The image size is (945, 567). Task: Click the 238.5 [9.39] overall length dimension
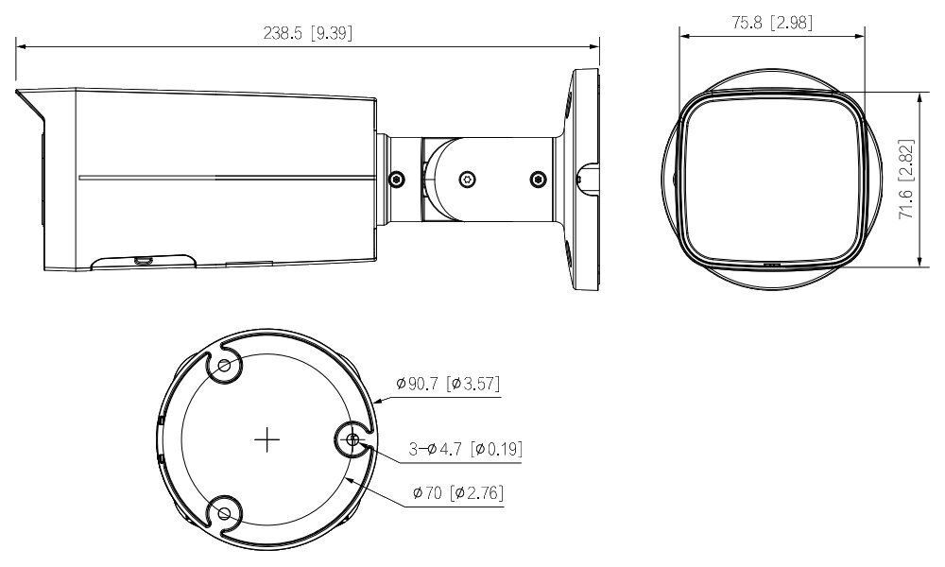[x=308, y=32]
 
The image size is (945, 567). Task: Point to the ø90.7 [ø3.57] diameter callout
[x=447, y=384]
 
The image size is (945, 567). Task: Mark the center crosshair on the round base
[x=268, y=439]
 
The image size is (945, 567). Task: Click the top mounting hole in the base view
[x=224, y=367]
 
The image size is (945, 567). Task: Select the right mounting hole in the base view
[x=352, y=439]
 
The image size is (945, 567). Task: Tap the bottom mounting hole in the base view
[x=224, y=513]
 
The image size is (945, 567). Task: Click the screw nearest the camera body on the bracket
[x=396, y=179]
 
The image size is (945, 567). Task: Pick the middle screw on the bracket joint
[x=466, y=179]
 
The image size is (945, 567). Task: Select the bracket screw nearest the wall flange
[x=539, y=179]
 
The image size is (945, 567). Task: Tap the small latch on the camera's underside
[x=144, y=259]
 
